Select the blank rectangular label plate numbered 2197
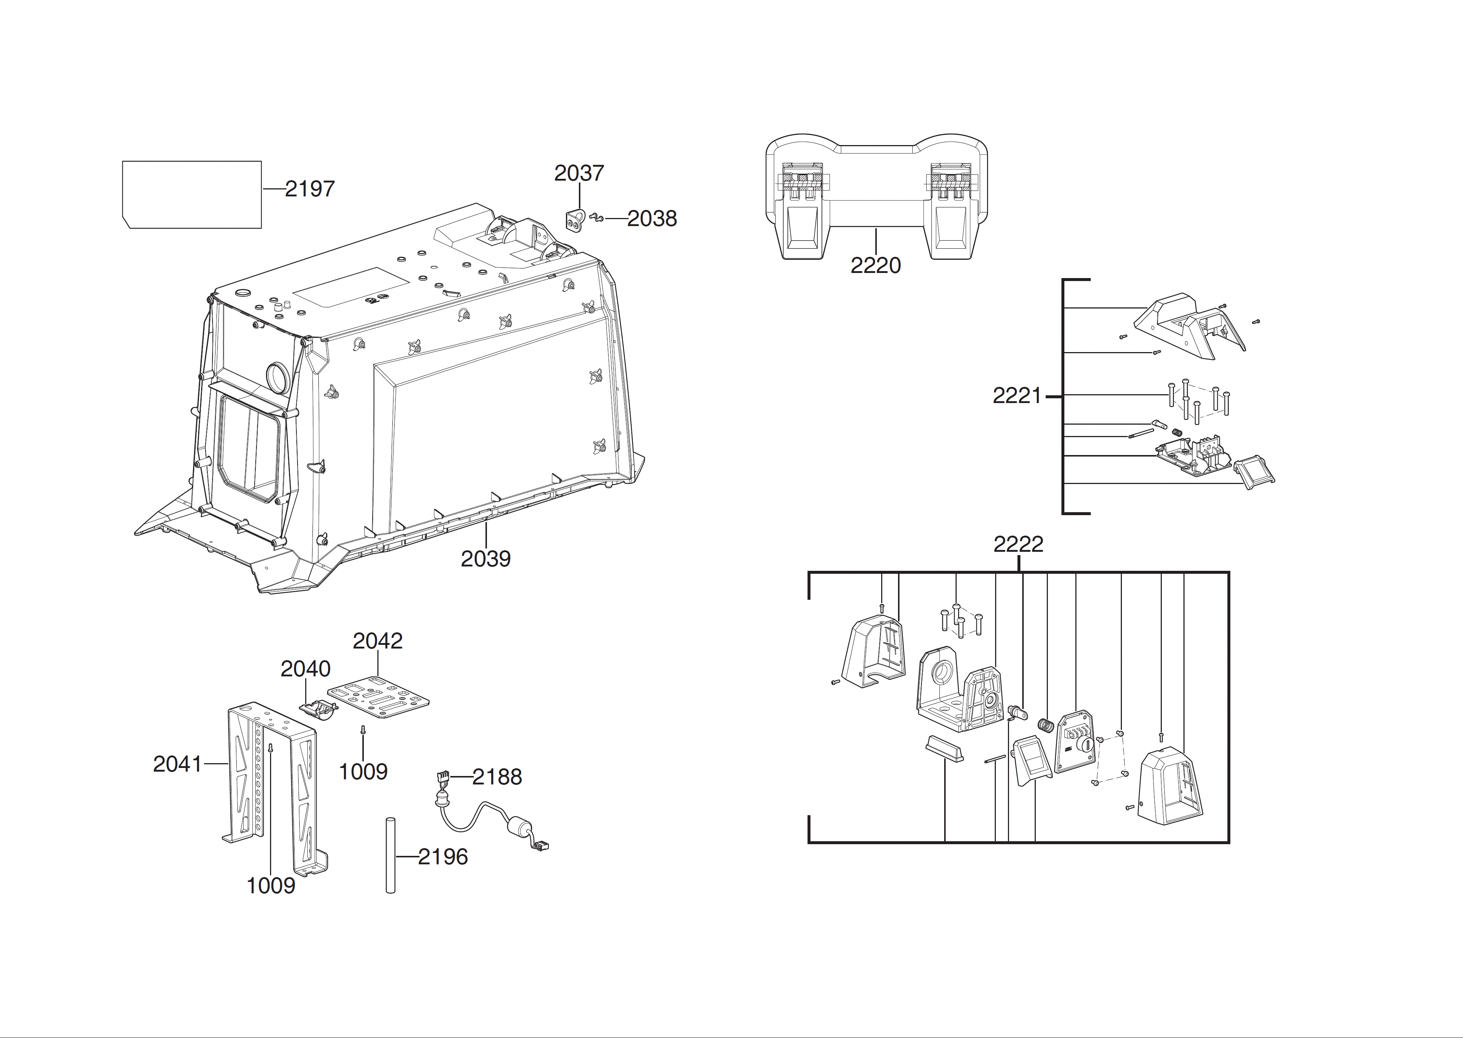click(x=192, y=194)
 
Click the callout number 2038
click(x=652, y=219)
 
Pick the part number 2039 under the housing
click(x=486, y=559)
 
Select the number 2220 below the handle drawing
click(x=876, y=265)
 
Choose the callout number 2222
click(x=1018, y=544)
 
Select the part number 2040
click(x=306, y=669)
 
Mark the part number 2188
click(x=497, y=777)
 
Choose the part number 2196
click(x=443, y=857)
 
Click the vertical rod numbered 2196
click(x=391, y=854)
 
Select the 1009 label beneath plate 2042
click(x=363, y=772)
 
